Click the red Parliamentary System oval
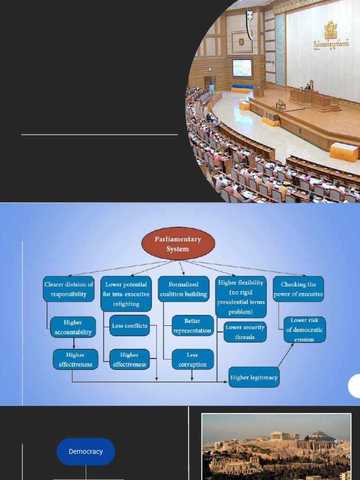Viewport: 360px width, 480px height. (x=178, y=244)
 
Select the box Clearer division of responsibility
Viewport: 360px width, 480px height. (x=69, y=289)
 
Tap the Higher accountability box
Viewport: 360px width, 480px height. (x=73, y=327)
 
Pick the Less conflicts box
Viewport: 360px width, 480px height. (x=130, y=326)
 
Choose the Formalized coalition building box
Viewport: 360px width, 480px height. (x=183, y=289)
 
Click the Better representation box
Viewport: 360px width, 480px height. (x=193, y=326)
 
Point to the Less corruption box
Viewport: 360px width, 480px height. (x=193, y=360)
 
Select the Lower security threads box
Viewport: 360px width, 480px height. (x=245, y=332)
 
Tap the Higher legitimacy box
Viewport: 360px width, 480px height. (x=254, y=377)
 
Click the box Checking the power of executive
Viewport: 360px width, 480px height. (x=299, y=289)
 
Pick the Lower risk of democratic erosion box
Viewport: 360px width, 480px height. (x=305, y=330)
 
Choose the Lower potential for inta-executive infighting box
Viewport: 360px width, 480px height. (x=126, y=294)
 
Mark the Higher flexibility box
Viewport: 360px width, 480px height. (x=241, y=297)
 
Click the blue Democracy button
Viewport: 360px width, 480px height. (x=86, y=451)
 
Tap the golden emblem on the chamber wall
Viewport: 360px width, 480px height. (x=331, y=30)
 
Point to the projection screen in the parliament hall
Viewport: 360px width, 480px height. (x=242, y=67)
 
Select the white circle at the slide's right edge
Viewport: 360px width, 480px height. (x=355, y=387)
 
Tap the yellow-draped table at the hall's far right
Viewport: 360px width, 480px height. (x=344, y=152)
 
